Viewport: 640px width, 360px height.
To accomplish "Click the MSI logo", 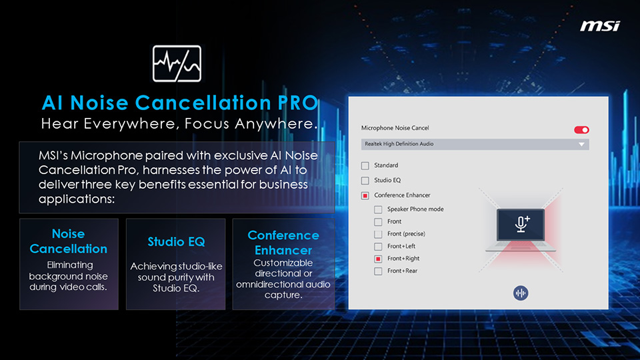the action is [599, 26].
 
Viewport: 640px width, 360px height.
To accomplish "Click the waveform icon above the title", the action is [177, 64].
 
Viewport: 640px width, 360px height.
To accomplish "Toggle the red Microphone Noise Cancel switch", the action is [581, 130].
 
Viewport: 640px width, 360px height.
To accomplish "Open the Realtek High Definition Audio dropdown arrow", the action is [581, 144].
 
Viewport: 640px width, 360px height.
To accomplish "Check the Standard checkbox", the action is [365, 165].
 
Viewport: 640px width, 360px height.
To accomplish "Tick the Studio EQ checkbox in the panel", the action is [365, 181].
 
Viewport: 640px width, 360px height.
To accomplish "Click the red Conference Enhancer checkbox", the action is [365, 195].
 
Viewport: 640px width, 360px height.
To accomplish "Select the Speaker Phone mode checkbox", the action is [379, 209].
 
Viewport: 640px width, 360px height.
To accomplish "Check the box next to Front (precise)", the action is [379, 234].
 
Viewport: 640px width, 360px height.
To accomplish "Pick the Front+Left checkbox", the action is [379, 247].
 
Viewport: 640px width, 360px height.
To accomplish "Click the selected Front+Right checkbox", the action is [379, 259].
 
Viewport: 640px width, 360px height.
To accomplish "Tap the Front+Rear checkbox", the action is [379, 271].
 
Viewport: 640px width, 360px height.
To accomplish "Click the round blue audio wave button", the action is [521, 293].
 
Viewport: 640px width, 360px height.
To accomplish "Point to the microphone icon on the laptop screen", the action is [521, 224].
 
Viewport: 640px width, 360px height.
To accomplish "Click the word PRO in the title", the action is [298, 103].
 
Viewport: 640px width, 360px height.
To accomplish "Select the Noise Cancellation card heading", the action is [68, 241].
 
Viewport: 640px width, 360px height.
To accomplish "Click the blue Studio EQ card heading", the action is [176, 241].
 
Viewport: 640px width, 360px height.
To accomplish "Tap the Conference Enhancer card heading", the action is [283, 243].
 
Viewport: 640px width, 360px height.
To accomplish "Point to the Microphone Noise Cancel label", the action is [395, 128].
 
